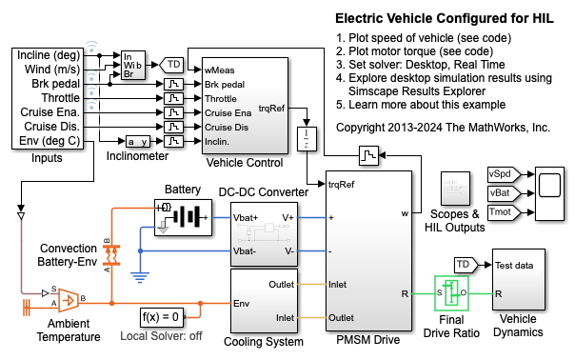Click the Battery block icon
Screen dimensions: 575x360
pyautogui.click(x=183, y=217)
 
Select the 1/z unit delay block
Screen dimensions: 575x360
pyautogui.click(x=307, y=139)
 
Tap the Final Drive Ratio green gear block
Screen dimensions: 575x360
pyautogui.click(x=451, y=293)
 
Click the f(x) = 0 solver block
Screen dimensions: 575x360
pyautogui.click(x=161, y=317)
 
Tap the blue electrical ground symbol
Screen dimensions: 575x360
pyautogui.click(x=140, y=277)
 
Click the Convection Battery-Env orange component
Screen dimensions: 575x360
pyautogui.click(x=111, y=255)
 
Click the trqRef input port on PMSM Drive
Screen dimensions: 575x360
pyautogui.click(x=341, y=184)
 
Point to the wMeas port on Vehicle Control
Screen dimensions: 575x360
pyautogui.click(x=219, y=70)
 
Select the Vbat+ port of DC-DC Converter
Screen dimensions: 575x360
pyautogui.click(x=246, y=217)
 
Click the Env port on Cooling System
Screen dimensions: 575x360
pyautogui.click(x=241, y=304)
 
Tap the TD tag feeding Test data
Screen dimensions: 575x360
pyautogui.click(x=466, y=265)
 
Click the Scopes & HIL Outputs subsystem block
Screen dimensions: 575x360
pyautogui.click(x=455, y=189)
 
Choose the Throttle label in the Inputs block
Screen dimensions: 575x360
pyautogui.click(x=61, y=98)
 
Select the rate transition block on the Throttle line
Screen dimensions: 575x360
pyautogui.click(x=173, y=98)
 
